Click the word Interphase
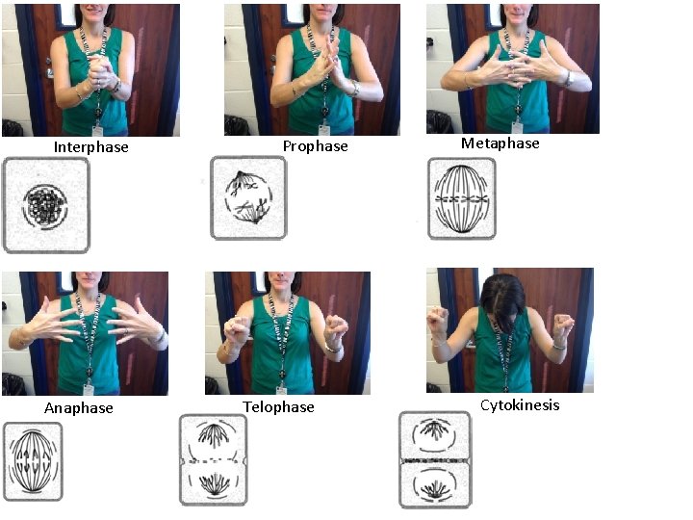pyautogui.click(x=91, y=147)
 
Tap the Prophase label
pyautogui.click(x=315, y=146)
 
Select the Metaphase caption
pyautogui.click(x=500, y=143)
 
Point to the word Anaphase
pyautogui.click(x=79, y=407)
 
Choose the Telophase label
pyautogui.click(x=278, y=406)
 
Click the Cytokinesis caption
pyautogui.click(x=520, y=405)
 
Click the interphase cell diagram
pyautogui.click(x=46, y=205)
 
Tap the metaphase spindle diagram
pyautogui.click(x=462, y=198)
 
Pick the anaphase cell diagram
pyautogui.click(x=33, y=461)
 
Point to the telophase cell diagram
pyautogui.click(x=213, y=460)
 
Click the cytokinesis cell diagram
pyautogui.click(x=435, y=459)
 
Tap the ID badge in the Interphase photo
pyautogui.click(x=97, y=131)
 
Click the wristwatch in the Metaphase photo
pyautogui.click(x=570, y=78)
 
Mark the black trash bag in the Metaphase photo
pyautogui.click(x=440, y=121)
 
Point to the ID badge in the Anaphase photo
pyautogui.click(x=89, y=390)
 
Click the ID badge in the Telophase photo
pyautogui.click(x=281, y=390)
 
